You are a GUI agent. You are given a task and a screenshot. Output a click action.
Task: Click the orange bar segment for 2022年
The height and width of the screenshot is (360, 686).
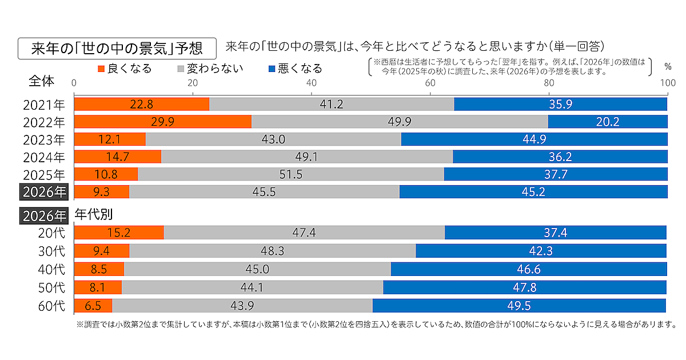point(163,122)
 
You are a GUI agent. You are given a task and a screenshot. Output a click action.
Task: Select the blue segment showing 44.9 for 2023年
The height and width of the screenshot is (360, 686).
point(534,139)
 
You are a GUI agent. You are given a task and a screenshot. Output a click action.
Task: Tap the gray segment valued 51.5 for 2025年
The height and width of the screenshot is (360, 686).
point(291,174)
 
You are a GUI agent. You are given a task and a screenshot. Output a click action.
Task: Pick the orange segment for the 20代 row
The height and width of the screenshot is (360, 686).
point(119,233)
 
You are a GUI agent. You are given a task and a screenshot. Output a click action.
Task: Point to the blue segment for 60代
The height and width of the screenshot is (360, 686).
point(519,306)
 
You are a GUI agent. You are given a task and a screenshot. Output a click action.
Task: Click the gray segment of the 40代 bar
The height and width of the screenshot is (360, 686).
point(257,269)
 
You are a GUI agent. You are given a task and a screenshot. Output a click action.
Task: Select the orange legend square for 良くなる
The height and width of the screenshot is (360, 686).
point(102,69)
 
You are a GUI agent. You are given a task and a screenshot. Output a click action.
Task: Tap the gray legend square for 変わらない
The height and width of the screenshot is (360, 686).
point(181,69)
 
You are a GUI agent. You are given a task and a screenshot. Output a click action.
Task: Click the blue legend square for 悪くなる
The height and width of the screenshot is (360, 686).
point(272,69)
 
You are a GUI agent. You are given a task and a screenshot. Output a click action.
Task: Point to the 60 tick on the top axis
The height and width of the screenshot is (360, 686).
point(430,83)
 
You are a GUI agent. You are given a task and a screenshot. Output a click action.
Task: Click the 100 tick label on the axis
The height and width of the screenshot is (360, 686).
point(667,83)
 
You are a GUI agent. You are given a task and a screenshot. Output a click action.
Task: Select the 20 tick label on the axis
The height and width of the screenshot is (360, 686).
point(193,83)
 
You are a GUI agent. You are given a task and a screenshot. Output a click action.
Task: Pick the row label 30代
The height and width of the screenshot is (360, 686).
point(51,251)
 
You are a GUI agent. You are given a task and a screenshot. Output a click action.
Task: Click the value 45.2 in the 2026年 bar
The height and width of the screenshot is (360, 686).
point(533,192)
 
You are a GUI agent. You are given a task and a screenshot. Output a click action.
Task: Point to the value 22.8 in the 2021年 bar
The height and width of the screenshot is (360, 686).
point(142,105)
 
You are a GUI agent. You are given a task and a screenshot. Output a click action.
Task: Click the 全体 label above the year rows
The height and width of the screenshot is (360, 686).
point(42,81)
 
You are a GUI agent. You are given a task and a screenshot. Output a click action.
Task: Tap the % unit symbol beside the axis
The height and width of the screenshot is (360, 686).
point(667,66)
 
